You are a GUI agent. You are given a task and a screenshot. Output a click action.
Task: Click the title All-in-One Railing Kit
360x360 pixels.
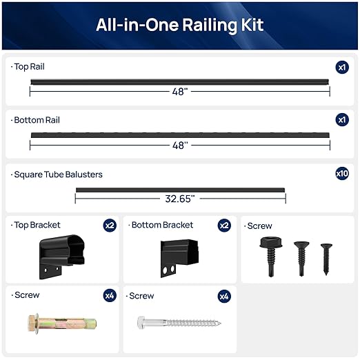[180, 26]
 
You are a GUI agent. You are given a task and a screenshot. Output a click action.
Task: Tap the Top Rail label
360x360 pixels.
[29, 67]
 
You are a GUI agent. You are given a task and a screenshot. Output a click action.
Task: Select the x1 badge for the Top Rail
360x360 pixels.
[342, 67]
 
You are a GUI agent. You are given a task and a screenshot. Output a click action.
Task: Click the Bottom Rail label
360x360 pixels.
[36, 120]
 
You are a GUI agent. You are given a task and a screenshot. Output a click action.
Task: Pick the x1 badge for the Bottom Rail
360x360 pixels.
[342, 120]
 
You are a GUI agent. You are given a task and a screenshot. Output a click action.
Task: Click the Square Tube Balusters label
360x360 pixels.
[58, 174]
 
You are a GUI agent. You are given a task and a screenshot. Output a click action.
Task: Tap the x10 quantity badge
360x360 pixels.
[342, 174]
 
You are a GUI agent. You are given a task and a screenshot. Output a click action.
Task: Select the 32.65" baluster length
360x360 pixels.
[180, 199]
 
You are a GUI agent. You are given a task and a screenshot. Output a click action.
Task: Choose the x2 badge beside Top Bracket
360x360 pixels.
[110, 226]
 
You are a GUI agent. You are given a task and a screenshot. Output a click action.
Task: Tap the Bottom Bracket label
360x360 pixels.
[162, 225]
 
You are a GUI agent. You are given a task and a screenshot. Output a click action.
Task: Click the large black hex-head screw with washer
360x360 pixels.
[268, 253]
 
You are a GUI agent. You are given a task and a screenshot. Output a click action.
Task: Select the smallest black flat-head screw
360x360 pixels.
[326, 259]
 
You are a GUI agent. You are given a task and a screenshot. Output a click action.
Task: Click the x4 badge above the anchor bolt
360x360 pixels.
[110, 296]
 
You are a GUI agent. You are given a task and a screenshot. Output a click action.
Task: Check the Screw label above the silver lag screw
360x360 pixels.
[141, 296]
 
